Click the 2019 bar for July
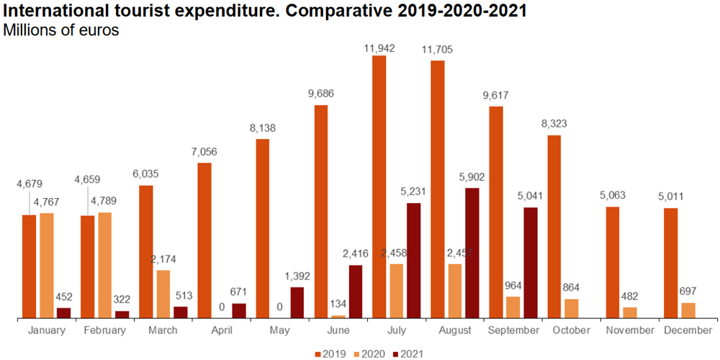pyautogui.click(x=379, y=186)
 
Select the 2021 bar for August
pyautogui.click(x=472, y=253)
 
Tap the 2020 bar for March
pyautogui.click(x=163, y=294)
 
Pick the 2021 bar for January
pyautogui.click(x=64, y=312)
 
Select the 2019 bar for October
pyautogui.click(x=554, y=226)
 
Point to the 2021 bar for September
pyautogui.click(x=531, y=262)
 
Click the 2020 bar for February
pyautogui.click(x=105, y=265)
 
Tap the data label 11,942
pyautogui.click(x=379, y=48)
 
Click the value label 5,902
pyautogui.click(x=472, y=178)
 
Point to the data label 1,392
pyautogui.click(x=297, y=277)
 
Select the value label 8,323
pyautogui.click(x=554, y=125)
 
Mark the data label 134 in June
pyautogui.click(x=338, y=305)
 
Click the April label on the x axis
pyautogui.click(x=222, y=330)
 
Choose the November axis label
pyautogui.click(x=629, y=330)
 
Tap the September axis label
pyautogui.click(x=513, y=330)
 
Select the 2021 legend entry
pyautogui.click(x=408, y=354)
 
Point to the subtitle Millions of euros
pyautogui.click(x=61, y=30)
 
